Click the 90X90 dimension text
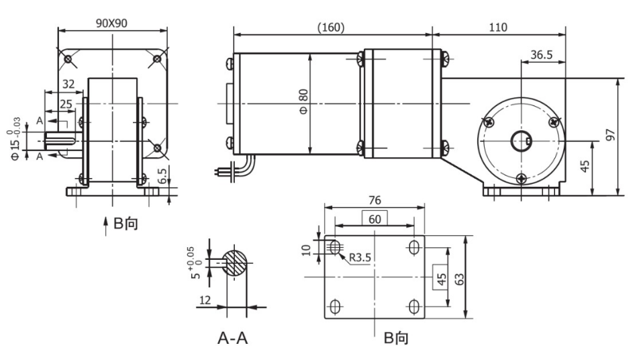coord(111,21)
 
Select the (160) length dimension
coord(330,28)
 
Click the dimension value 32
coord(67,84)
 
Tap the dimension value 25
coord(66,103)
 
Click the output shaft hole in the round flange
coord(522,142)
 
